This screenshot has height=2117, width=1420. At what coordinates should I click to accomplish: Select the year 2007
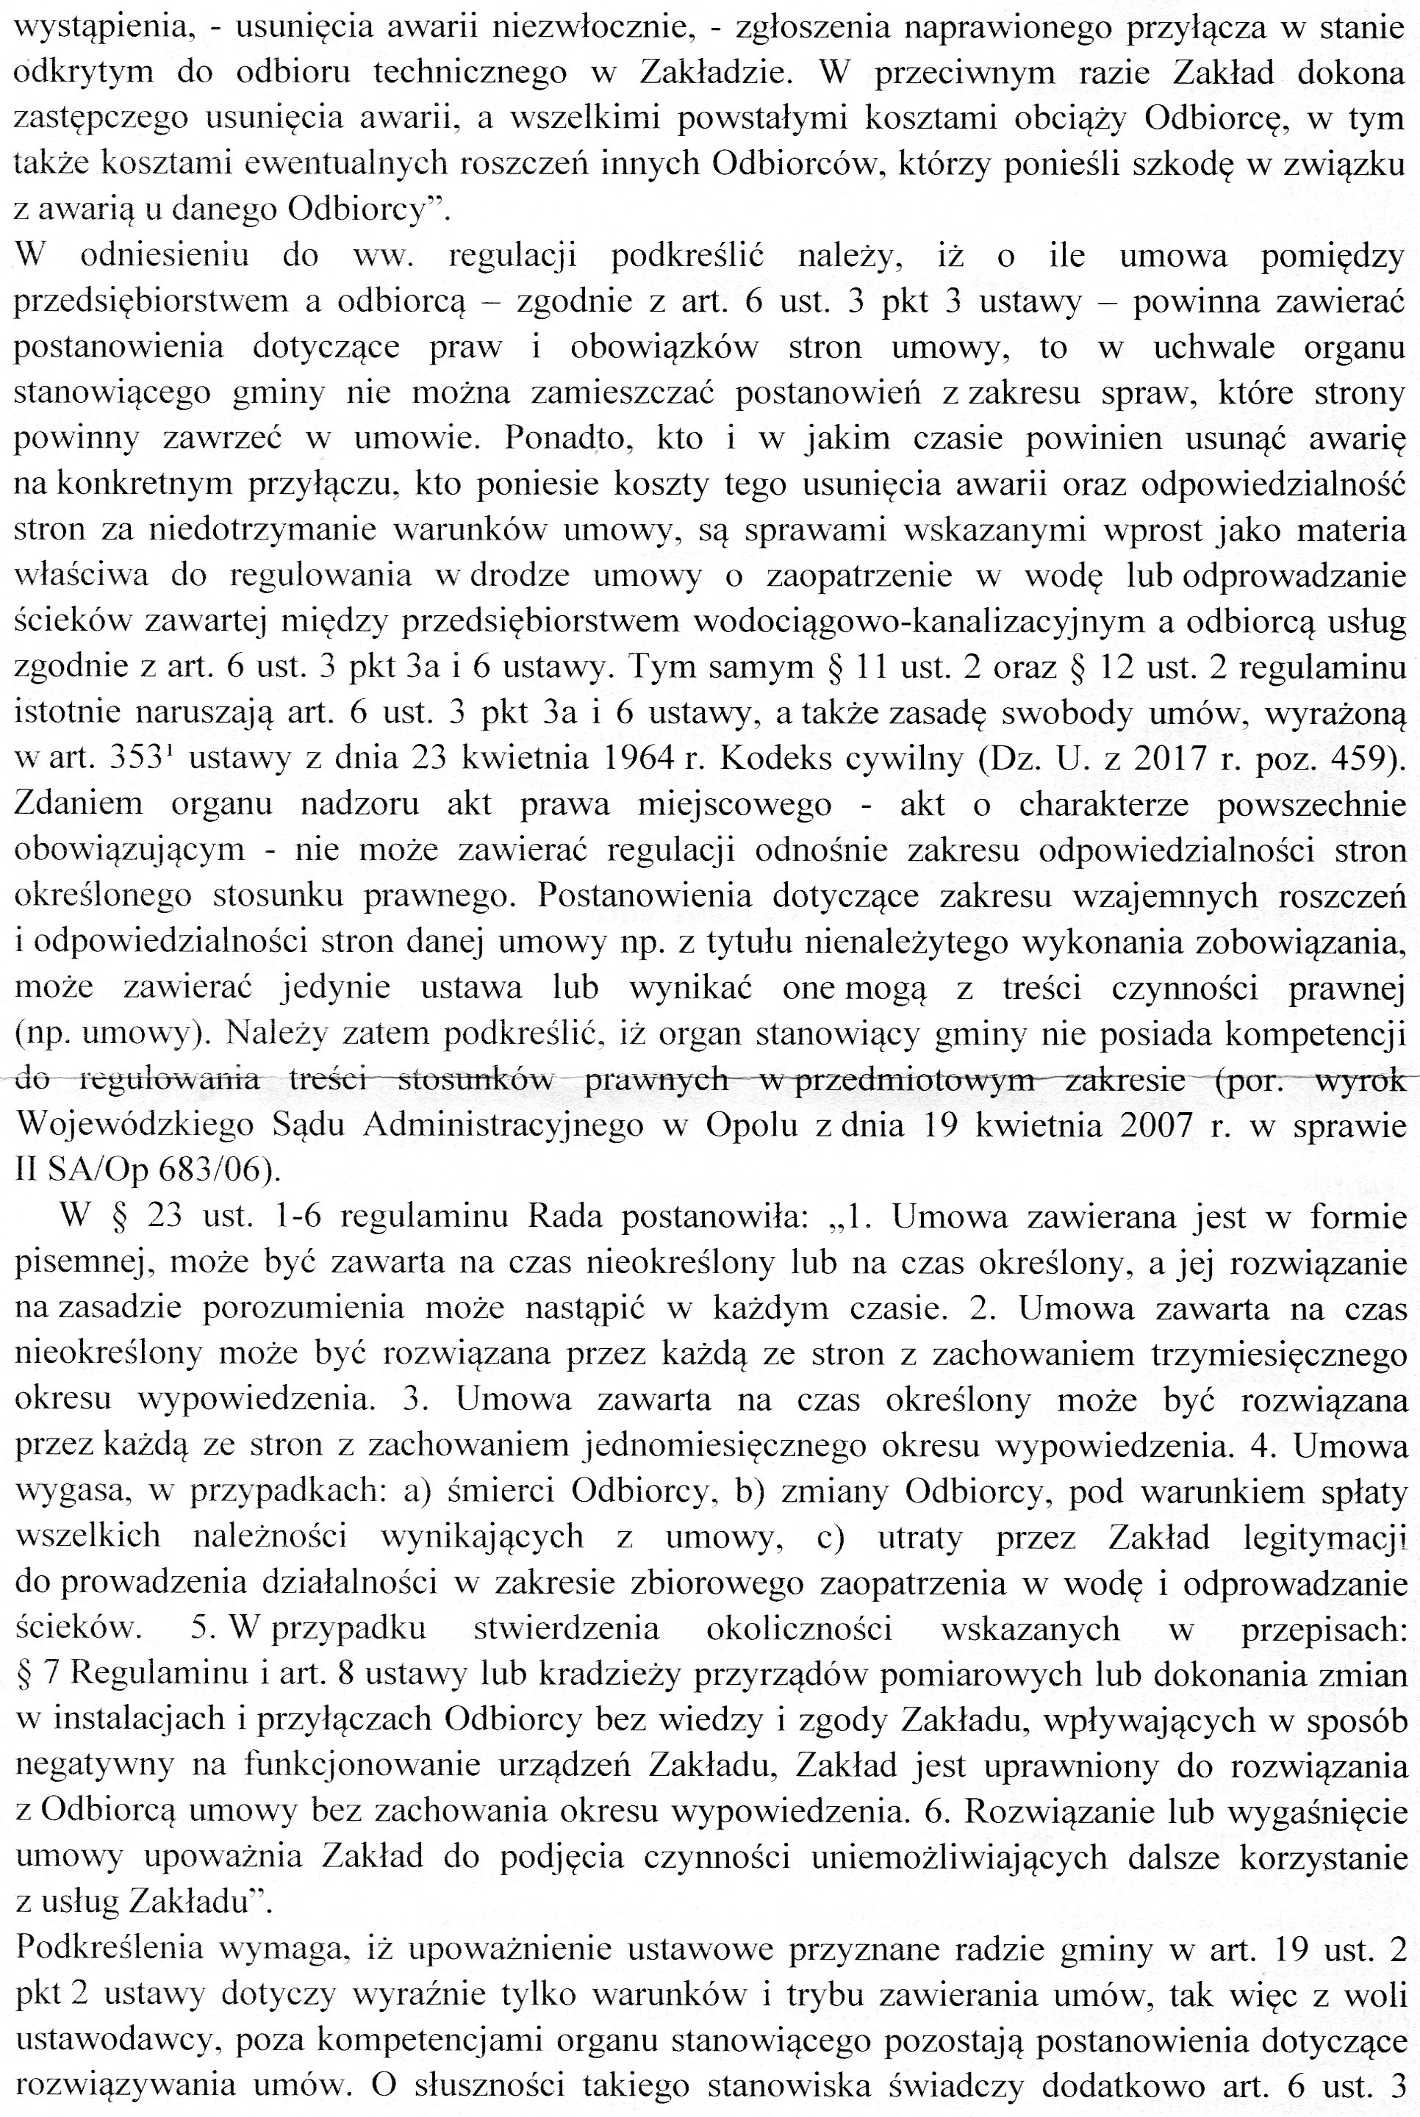coord(1162,1125)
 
